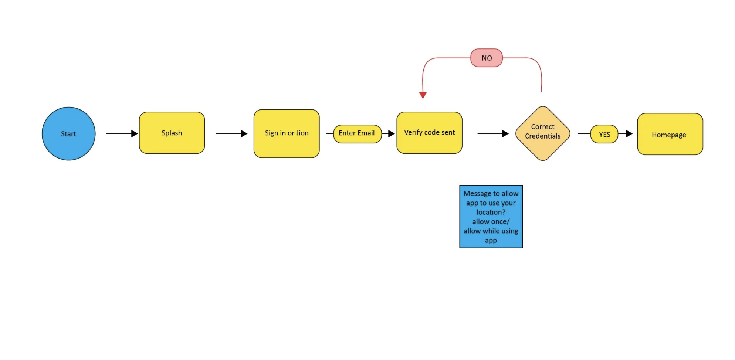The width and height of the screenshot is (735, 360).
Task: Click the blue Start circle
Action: click(x=68, y=134)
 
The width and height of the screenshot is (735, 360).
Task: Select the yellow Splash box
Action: click(x=172, y=133)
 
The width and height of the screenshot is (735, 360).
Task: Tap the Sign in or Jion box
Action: click(x=287, y=133)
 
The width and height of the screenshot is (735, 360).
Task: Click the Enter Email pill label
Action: click(x=357, y=134)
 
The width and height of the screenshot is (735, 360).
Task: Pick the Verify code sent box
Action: click(x=429, y=133)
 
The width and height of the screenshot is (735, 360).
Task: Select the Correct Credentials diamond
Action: click(x=543, y=133)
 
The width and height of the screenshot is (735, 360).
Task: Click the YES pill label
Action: click(x=604, y=134)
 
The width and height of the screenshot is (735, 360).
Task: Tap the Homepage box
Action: click(x=670, y=134)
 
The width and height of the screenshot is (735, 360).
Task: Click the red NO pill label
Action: click(x=487, y=58)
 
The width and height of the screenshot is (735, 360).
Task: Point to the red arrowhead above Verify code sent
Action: click(x=423, y=95)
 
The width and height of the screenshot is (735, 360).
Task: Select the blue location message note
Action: click(x=491, y=217)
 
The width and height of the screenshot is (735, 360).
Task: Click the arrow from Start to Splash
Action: click(x=122, y=133)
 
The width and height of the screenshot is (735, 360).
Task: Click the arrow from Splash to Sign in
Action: click(x=231, y=133)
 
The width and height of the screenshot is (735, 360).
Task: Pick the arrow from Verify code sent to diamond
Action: click(x=493, y=133)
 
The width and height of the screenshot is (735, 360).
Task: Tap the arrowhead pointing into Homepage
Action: click(x=629, y=133)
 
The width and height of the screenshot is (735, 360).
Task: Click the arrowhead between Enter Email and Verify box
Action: click(x=392, y=133)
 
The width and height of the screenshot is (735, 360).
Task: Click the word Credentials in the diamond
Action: click(x=543, y=136)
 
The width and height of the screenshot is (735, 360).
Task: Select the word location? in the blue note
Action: click(x=491, y=212)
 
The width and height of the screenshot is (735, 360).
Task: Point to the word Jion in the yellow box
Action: click(x=302, y=133)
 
